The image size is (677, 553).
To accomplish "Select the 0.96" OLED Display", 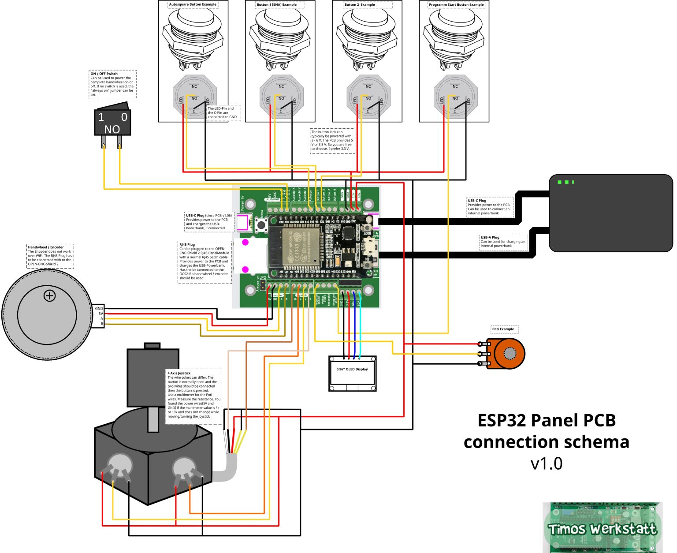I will (x=352, y=373).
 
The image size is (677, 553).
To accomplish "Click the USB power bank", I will (x=610, y=213).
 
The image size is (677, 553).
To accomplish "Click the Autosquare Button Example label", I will (x=193, y=5).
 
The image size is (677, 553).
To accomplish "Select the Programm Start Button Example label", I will (x=456, y=5).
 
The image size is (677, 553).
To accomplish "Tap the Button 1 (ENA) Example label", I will (x=276, y=5).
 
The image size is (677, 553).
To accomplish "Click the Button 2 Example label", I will (x=360, y=5).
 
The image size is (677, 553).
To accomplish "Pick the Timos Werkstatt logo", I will (x=602, y=528).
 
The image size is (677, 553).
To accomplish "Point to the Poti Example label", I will (x=503, y=329).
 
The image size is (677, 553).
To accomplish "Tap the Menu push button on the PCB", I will (x=261, y=225).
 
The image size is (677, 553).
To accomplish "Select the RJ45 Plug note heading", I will (x=187, y=244).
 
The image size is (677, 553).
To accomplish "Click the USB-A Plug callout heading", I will (x=490, y=237).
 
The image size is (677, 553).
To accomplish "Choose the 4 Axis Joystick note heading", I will (x=179, y=373).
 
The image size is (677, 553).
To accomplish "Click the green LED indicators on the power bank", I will (x=565, y=182).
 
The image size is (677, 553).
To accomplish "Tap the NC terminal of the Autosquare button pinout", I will (x=194, y=86).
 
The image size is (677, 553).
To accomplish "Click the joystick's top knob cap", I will (x=152, y=346).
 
